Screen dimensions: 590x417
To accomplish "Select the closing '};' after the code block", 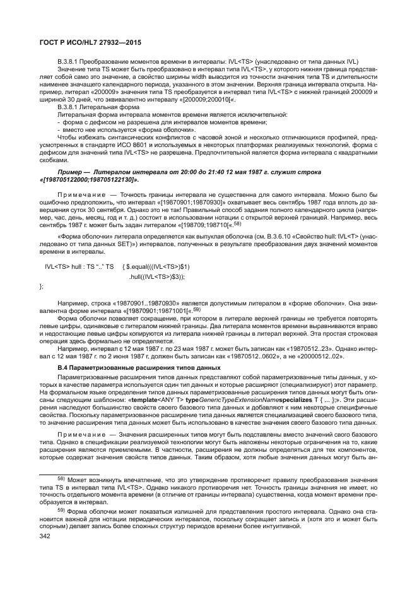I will [42, 286].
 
